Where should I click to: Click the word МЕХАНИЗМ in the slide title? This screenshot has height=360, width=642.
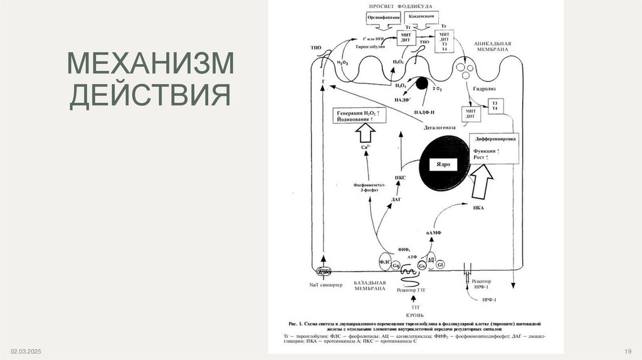click(x=150, y=65)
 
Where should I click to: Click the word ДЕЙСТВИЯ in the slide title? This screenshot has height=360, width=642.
click(x=150, y=97)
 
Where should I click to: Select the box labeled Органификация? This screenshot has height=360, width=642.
click(x=384, y=18)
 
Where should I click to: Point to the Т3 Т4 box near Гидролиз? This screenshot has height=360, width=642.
click(x=495, y=105)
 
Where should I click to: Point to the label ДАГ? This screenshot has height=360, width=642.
click(x=396, y=199)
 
